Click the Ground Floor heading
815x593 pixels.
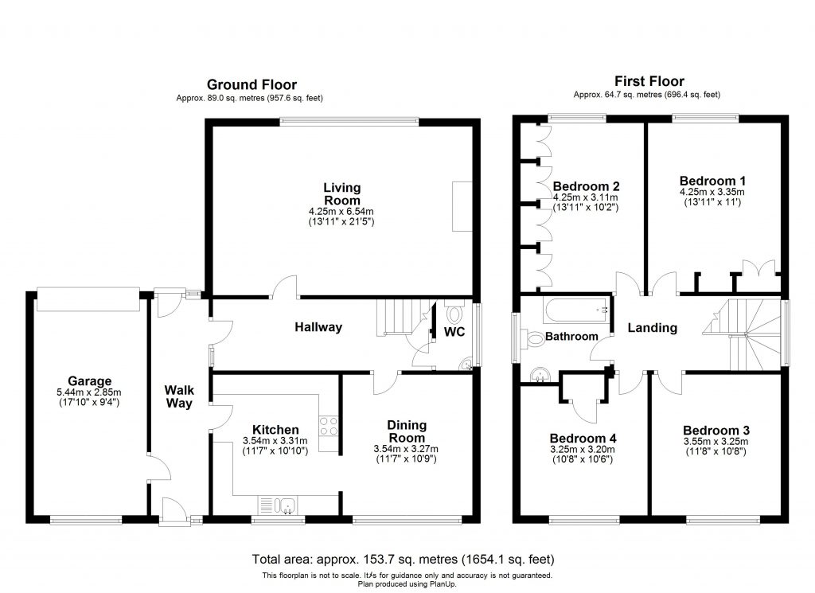pyautogui.click(x=252, y=84)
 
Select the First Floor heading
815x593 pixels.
pyautogui.click(x=649, y=81)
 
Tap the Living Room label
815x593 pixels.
pyautogui.click(x=341, y=193)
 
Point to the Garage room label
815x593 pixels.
pyautogui.click(x=90, y=381)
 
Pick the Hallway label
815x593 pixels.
pyautogui.click(x=318, y=327)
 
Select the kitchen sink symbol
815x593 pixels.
pyautogui.click(x=277, y=504)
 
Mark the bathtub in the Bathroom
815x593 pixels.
pyautogui.click(x=575, y=308)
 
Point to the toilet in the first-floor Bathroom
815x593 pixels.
pyautogui.click(x=532, y=340)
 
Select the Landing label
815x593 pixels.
pyautogui.click(x=652, y=328)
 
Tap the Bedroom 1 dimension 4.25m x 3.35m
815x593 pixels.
pyautogui.click(x=712, y=192)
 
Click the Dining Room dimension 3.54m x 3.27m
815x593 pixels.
pyautogui.click(x=406, y=449)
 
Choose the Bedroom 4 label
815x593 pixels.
pyautogui.click(x=583, y=438)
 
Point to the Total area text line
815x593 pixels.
pyautogui.click(x=403, y=559)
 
